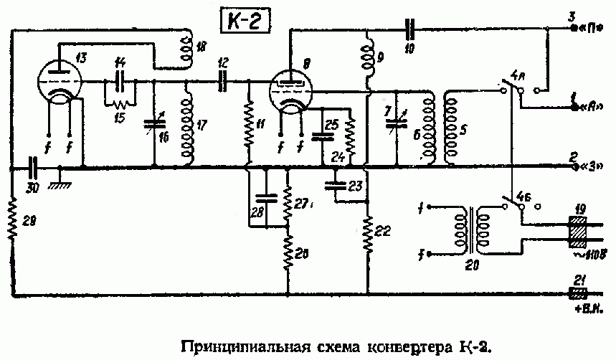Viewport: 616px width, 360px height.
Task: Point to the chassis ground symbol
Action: pos(59,179)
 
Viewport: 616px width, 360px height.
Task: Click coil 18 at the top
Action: pos(189,46)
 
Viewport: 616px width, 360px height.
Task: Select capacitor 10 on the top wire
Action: pos(409,30)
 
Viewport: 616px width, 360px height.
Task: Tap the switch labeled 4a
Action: pos(511,90)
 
